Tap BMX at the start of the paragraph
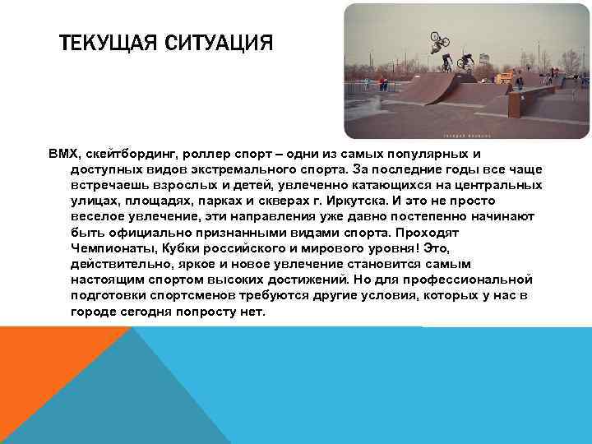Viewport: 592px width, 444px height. tap(62, 154)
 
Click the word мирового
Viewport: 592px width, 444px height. tap(343, 248)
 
